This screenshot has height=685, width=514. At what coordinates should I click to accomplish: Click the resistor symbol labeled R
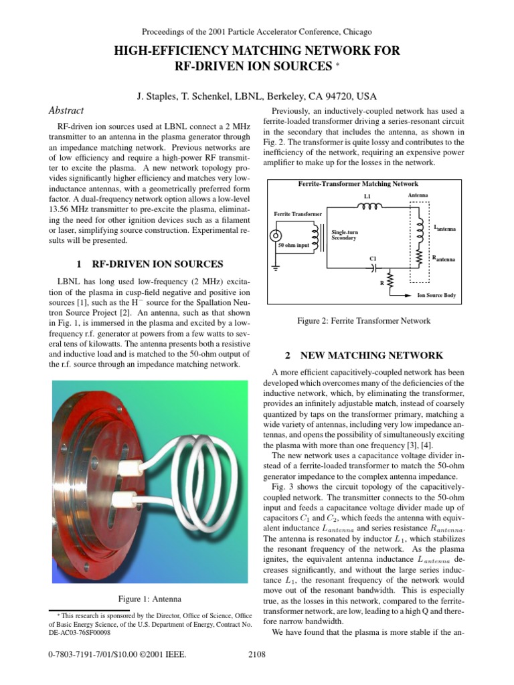391,279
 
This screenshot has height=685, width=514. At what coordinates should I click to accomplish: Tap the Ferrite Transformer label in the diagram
298,214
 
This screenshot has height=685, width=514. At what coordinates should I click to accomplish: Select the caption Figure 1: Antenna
150,598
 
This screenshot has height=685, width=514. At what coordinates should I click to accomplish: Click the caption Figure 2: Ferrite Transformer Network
363,321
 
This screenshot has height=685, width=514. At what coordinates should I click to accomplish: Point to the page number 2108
257,654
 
